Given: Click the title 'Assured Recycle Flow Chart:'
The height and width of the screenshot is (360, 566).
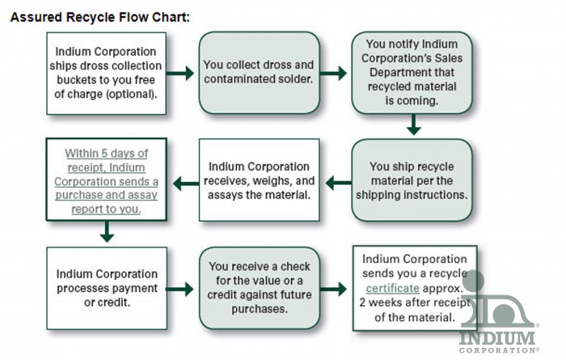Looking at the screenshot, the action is (x=100, y=17).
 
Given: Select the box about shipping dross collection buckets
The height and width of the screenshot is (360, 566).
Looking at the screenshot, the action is (x=107, y=74).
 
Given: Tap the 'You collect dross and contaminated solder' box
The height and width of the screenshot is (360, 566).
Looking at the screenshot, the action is (x=260, y=73).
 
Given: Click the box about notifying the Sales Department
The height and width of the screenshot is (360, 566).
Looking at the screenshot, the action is (x=412, y=73).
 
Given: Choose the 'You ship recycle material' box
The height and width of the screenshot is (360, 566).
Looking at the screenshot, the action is (x=412, y=180).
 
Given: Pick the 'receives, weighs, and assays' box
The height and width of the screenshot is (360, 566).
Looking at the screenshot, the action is (x=260, y=180).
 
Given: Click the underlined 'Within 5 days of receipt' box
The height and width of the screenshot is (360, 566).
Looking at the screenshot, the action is (x=107, y=180).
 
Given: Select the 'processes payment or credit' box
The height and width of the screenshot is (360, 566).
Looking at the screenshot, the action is (x=107, y=288).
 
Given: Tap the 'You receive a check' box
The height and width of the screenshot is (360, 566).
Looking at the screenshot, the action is (x=260, y=288).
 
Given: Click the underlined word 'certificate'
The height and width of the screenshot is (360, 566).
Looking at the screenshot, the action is (x=393, y=288).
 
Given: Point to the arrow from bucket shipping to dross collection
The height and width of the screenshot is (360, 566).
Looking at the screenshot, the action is (x=180, y=74).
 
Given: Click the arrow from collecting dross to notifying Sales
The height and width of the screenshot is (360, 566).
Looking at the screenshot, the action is (x=333, y=74).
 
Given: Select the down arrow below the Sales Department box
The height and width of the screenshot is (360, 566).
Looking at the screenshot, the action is (x=414, y=125).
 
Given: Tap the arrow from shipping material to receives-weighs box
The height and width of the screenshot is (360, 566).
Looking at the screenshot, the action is (x=339, y=183).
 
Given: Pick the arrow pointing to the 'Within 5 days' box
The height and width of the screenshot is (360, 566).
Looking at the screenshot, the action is (x=186, y=184).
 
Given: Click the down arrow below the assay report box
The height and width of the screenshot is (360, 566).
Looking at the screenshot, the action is (x=107, y=231).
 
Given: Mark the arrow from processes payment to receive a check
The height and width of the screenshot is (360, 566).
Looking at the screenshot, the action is (x=180, y=290).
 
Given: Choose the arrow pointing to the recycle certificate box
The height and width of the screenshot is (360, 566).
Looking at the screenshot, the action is (x=333, y=289).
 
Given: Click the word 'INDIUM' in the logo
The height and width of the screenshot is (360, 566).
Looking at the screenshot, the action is (x=496, y=338).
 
